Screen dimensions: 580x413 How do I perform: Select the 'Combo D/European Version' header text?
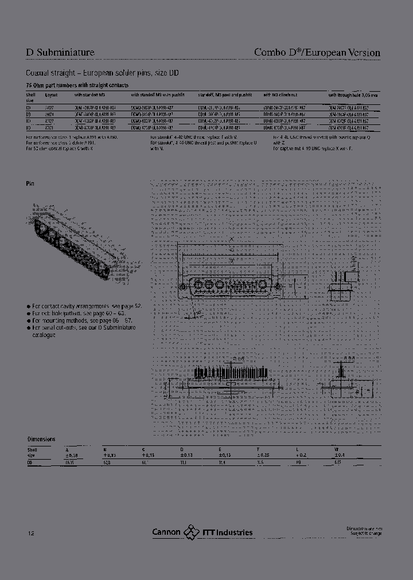coord(317,53)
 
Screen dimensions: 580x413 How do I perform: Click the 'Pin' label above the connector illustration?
coord(30,184)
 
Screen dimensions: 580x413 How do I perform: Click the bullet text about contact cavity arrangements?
coord(86,307)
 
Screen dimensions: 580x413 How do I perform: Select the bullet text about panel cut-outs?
coord(83,331)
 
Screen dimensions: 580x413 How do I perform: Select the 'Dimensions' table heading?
coord(41,438)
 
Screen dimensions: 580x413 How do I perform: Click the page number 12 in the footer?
coord(30,533)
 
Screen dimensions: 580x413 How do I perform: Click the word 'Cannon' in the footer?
coord(166,532)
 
